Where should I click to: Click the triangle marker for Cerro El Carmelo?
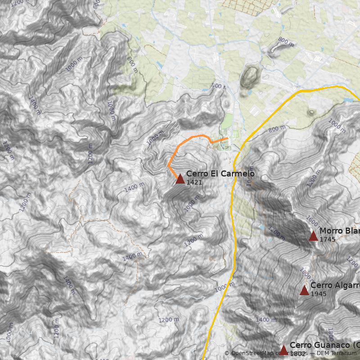[x=180, y=179]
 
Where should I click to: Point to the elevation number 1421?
[x=194, y=182]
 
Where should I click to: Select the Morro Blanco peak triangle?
[x=313, y=235]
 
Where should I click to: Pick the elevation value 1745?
[x=327, y=239]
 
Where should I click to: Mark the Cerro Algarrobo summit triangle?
[x=304, y=290]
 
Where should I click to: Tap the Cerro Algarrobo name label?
[x=335, y=285]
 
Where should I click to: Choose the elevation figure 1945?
[x=318, y=294]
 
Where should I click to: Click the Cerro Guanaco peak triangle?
[x=283, y=350]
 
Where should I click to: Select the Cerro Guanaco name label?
[x=324, y=345]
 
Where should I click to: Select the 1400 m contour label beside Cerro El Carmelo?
[x=134, y=187]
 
